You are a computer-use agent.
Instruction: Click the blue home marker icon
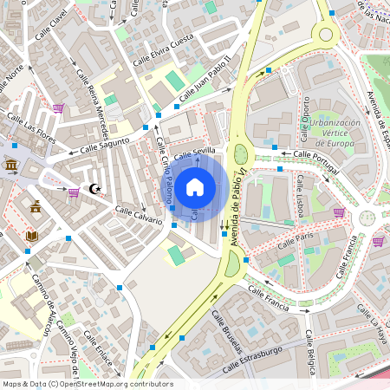point(195,185)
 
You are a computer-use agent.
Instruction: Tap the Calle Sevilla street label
point(194,153)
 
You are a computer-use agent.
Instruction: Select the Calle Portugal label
point(315,155)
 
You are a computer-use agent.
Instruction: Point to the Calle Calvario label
point(139,215)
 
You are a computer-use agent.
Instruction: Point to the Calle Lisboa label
point(305,196)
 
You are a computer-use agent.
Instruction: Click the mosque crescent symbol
point(95,188)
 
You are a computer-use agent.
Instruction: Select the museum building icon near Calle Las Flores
point(11,166)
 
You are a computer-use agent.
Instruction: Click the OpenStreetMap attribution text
point(87,384)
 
